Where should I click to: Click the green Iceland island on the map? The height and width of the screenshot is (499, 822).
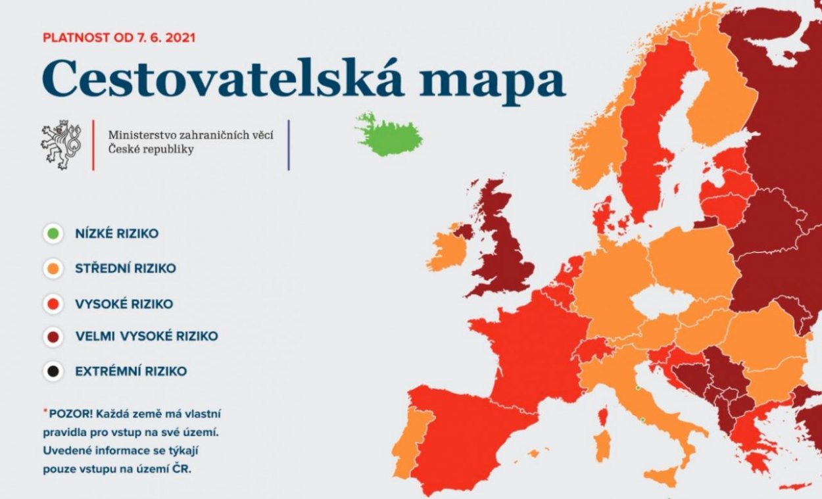[x=389, y=135]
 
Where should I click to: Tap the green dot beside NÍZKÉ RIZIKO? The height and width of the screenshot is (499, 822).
[x=53, y=233]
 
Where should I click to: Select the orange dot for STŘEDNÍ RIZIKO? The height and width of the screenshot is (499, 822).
[x=53, y=268]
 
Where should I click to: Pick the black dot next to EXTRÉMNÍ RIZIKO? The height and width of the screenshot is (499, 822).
[x=53, y=371]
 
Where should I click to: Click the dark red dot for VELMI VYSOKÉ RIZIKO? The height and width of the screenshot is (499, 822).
[x=53, y=337]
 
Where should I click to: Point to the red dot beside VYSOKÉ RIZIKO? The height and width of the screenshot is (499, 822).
[x=53, y=304]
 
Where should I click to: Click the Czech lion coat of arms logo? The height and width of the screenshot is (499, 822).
[x=60, y=144]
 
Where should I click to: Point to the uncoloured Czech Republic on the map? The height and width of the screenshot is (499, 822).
[x=662, y=302]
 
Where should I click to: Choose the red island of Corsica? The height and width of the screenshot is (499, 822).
[x=603, y=416]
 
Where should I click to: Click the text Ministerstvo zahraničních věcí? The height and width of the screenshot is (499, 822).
[x=191, y=135]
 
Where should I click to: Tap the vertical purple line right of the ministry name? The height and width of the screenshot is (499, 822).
[x=289, y=145]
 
